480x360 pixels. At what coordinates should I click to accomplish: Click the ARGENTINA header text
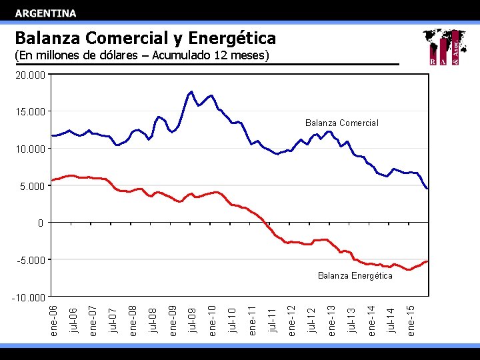pos(46,13)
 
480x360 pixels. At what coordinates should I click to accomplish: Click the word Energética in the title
pos(232,37)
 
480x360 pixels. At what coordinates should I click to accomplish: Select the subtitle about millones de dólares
pos(141,55)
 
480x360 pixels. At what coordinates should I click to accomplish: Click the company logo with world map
pos(445,47)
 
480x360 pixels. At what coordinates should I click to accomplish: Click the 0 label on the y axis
pos(41,223)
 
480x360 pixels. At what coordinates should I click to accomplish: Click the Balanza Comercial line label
pos(341,123)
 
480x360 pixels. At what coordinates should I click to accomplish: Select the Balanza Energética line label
pos(355,275)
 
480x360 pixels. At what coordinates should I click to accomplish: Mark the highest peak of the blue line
pos(192,91)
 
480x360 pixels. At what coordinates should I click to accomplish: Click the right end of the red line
pos(427,261)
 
